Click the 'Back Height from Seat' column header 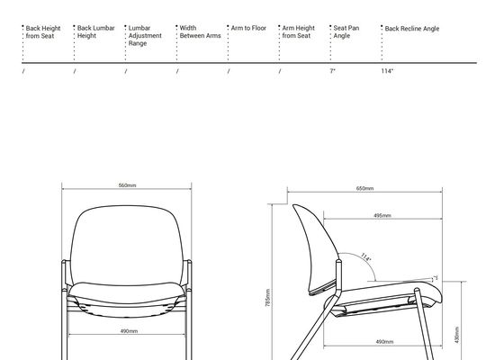pyautogui.click(x=43, y=32)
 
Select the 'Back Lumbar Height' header pyautogui.click(x=95, y=31)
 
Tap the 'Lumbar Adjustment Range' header pyautogui.click(x=145, y=36)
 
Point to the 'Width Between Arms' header pyautogui.click(x=200, y=31)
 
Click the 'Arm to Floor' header pyautogui.click(x=248, y=28)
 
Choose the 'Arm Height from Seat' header pyautogui.click(x=298, y=31)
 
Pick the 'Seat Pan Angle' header pyautogui.click(x=346, y=31)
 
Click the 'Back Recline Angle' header pyautogui.click(x=412, y=29)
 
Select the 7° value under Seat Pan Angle pyautogui.click(x=332, y=71)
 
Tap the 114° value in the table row pyautogui.click(x=387, y=71)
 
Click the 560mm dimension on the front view pyautogui.click(x=127, y=185)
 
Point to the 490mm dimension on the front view pyautogui.click(x=129, y=331)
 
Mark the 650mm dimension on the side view pyautogui.click(x=364, y=188)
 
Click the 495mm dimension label pyautogui.click(x=382, y=215)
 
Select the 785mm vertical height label pyautogui.click(x=268, y=298)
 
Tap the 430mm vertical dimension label pyautogui.click(x=457, y=335)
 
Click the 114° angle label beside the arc pyautogui.click(x=365, y=257)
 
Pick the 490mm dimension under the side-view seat pyautogui.click(x=384, y=342)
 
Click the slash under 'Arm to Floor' pyautogui.click(x=229, y=71)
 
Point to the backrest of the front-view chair pyautogui.click(x=127, y=245)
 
